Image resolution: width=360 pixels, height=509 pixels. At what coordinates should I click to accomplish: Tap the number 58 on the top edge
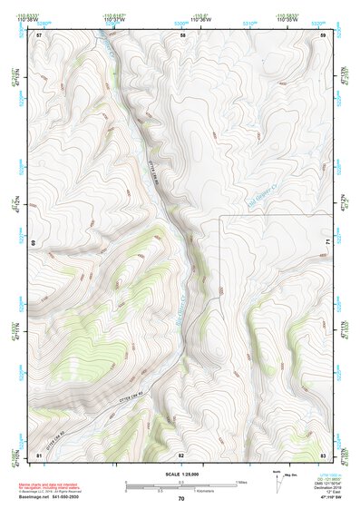pos(182,34)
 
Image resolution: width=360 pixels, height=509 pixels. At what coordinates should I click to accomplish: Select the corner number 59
pos(324,34)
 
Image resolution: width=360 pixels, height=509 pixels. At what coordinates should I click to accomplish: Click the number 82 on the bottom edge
pos(181,454)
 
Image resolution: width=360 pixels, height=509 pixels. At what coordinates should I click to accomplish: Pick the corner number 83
pos(324,454)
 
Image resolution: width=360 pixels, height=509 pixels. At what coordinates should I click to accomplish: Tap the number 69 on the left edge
pos(33,243)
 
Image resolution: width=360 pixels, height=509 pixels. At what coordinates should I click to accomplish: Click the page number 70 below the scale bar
pos(181,499)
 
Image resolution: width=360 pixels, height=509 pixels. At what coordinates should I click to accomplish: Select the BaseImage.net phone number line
pos(50,497)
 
